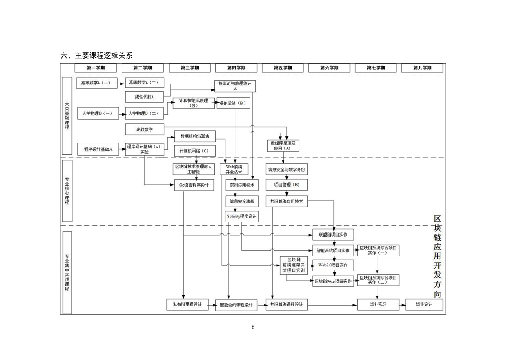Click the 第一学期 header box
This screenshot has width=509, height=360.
click(96, 68)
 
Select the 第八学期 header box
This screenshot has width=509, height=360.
click(422, 68)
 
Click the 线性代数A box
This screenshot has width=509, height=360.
click(144, 97)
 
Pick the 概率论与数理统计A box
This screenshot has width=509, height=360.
click(235, 86)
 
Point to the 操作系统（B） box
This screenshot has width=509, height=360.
click(233, 104)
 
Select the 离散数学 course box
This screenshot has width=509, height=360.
click(144, 130)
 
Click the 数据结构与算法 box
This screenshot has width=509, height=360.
click(195, 136)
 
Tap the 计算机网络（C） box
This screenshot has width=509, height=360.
click(195, 151)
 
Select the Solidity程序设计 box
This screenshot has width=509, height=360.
click(242, 217)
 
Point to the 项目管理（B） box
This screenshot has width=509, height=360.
click(287, 185)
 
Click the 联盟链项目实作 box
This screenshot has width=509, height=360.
click(333, 234)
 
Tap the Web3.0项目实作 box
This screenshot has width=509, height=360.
click(333, 265)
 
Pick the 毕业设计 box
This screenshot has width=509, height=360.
click(424, 305)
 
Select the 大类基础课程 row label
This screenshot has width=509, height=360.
click(67, 116)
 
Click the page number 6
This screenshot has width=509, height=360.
click(253, 327)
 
